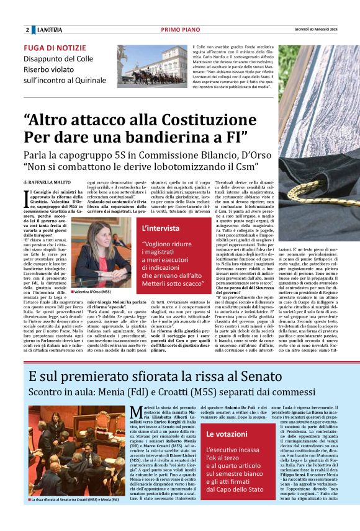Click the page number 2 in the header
coord(27,30)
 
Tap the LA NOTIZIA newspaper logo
coord(49,30)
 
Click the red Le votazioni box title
coord(227,434)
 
